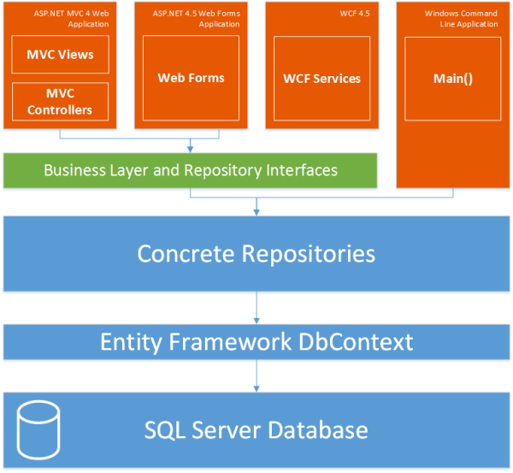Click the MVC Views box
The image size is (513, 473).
point(60,56)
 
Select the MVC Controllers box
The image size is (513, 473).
point(60,101)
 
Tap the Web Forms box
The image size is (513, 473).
point(191,78)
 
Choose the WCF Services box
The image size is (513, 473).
point(321,78)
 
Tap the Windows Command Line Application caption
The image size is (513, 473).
point(461,19)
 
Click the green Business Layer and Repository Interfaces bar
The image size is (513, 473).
point(190,170)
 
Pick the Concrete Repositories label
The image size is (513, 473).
point(256,253)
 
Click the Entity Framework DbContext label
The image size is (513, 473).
point(256,342)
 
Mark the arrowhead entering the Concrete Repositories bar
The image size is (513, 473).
point(256,211)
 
